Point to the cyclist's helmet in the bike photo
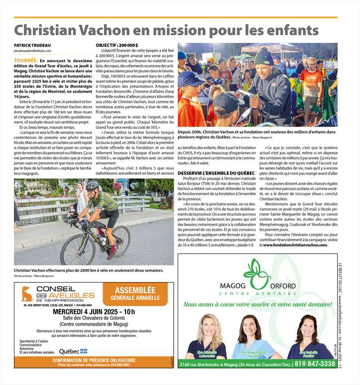point(92,186)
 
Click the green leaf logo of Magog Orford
point(257,273)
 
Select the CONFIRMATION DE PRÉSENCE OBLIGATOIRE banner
point(94,360)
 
